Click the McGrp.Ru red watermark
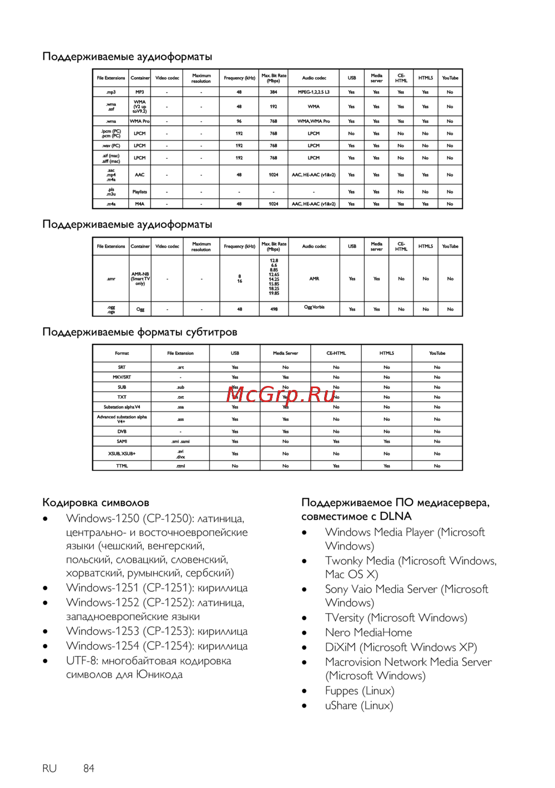pos(281,394)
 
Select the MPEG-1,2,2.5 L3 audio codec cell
pos(314,92)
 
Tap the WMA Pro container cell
pos(140,121)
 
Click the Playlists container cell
pos(140,192)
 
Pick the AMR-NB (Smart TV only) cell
pos(140,279)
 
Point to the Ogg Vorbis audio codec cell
pos(314,307)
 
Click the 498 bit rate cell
pos(274,309)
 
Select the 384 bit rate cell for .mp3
pos(274,92)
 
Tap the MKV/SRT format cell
pos(122,377)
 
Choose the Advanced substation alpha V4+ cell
pos(122,419)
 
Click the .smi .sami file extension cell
pos(180,441)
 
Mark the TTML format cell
pos(122,466)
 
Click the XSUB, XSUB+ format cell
pos(122,454)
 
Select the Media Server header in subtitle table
pos(285,353)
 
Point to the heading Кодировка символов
pos(95,503)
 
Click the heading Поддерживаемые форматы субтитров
pos(140,332)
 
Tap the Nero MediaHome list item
pos(369,633)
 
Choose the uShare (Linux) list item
pos(359,706)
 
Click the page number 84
pos(89,769)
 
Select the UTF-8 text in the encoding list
pos(82,661)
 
